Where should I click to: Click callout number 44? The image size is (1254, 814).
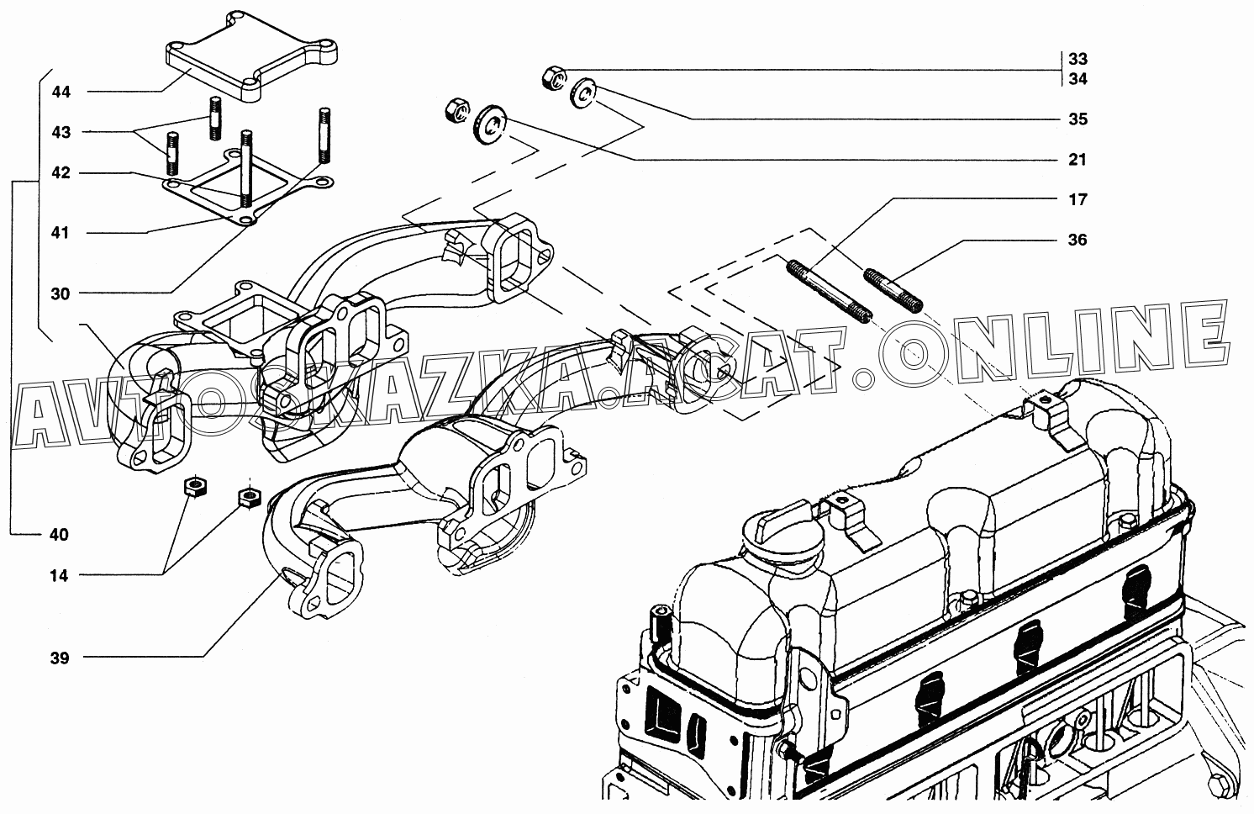pos(61,92)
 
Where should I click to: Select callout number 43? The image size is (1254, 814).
pos(61,132)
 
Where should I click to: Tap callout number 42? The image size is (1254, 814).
pos(61,172)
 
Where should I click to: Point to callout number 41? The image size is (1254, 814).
pos(60,232)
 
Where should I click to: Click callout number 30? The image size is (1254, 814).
pos(60,293)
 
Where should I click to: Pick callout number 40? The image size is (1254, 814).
pos(59,535)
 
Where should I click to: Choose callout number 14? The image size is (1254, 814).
pos(59,575)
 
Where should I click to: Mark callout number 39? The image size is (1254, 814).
pos(60,658)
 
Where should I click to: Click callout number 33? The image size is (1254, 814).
pos(1077,59)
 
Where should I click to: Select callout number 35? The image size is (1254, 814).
pos(1077,119)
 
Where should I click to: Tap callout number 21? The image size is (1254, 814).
pos(1077,160)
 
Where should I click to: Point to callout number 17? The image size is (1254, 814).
pos(1077,199)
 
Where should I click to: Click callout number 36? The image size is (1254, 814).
pos(1077,240)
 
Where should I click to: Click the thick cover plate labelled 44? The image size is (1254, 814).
pos(250,56)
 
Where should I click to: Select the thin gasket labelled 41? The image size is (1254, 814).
pos(246,188)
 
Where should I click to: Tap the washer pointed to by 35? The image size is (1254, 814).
pos(583,93)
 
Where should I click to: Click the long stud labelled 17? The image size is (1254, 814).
pos(829,291)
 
